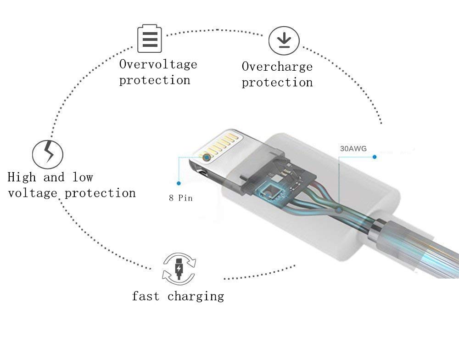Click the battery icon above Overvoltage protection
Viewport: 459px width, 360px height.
coord(150,39)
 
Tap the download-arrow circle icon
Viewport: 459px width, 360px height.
coord(284,40)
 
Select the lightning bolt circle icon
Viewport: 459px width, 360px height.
coord(47,154)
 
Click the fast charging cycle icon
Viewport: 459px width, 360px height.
coord(179,269)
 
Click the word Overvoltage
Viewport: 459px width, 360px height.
coord(158,65)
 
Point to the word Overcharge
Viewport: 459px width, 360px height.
coord(277,67)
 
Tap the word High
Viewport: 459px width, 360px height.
coord(22,178)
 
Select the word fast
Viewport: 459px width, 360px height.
coord(146,296)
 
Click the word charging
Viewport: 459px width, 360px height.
coord(196,297)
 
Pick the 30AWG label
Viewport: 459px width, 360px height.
coord(353,149)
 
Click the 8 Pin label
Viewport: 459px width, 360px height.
coord(180,198)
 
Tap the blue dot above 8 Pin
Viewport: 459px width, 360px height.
coord(179,183)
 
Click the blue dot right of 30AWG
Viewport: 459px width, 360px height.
coord(375,157)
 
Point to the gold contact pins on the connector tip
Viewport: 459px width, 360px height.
coord(217,146)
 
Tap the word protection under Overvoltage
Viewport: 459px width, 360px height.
coord(155,80)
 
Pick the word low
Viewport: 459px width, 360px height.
coord(83,178)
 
